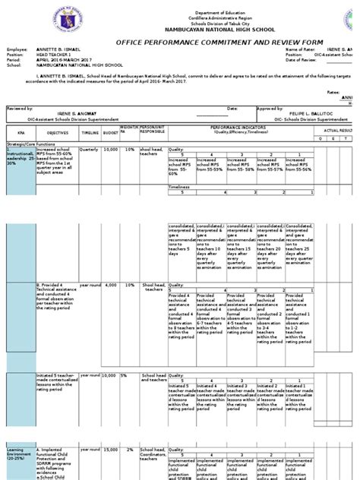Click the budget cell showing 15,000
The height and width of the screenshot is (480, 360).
pos(111,450)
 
